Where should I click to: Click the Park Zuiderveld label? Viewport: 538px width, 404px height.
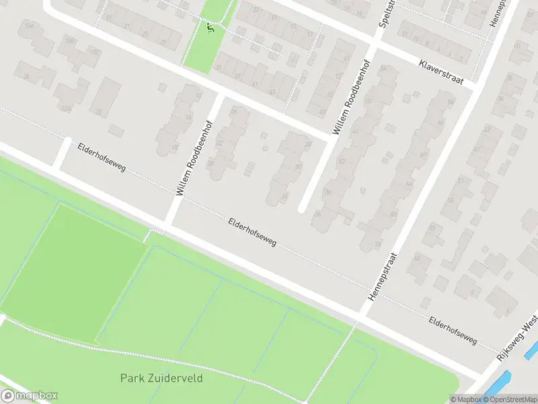(x=161, y=378)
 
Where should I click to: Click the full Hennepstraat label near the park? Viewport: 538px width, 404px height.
(x=383, y=277)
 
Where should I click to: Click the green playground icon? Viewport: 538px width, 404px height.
(x=210, y=28)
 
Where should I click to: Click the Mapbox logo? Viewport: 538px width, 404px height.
(x=30, y=396)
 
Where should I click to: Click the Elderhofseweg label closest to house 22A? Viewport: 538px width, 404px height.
(x=101, y=156)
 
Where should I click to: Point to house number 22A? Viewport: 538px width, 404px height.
(x=65, y=108)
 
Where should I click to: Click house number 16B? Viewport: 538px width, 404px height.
(x=69, y=40)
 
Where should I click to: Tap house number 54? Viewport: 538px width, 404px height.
(x=451, y=102)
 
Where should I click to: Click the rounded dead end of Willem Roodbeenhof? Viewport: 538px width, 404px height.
(x=302, y=209)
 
